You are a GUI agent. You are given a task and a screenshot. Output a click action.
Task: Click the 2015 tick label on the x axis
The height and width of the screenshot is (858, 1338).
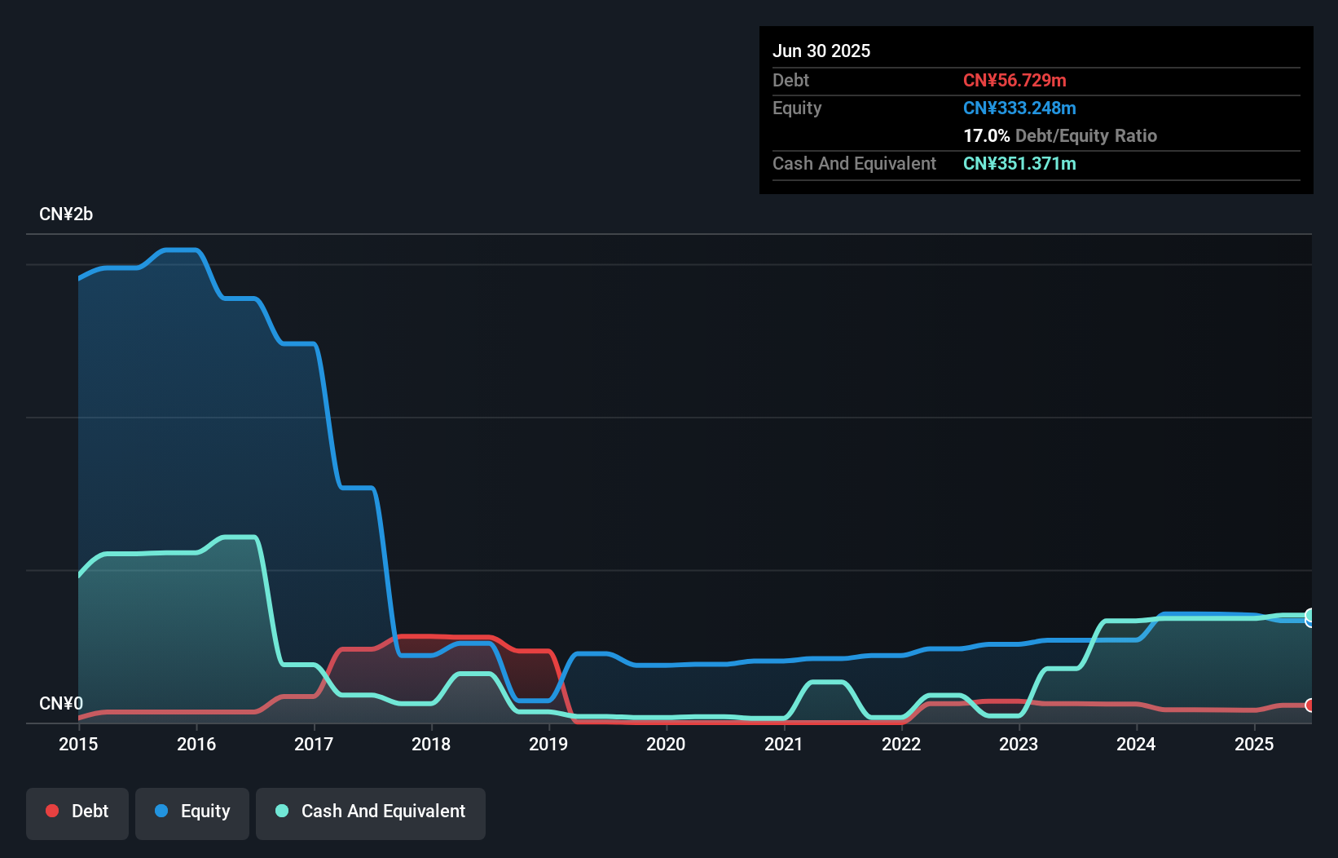click(78, 744)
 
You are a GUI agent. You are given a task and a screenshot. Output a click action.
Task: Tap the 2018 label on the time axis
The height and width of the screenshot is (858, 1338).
click(431, 744)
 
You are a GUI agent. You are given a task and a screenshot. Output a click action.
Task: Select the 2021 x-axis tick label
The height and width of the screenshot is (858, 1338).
click(783, 744)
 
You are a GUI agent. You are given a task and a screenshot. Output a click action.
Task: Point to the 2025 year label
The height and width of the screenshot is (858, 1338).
click(1254, 744)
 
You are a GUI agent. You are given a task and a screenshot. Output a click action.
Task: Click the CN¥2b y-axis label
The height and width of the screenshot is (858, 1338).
click(66, 214)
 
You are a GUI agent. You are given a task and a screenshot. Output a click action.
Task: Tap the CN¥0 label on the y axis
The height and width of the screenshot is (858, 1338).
click(61, 703)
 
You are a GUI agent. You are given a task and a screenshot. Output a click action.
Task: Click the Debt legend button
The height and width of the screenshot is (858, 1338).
click(77, 812)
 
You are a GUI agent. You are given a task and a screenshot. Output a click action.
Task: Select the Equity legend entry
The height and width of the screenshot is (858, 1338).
click(192, 812)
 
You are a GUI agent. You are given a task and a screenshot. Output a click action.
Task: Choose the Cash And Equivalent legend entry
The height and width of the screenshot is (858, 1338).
click(371, 812)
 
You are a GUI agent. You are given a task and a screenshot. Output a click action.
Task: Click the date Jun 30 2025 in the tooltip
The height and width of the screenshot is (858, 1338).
click(821, 51)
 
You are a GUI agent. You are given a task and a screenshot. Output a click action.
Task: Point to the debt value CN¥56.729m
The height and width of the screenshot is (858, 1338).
click(1015, 80)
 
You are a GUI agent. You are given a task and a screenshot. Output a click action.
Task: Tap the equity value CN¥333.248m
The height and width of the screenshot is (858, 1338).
click(1019, 108)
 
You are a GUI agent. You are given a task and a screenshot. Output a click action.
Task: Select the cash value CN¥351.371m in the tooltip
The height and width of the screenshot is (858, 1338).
click(1019, 163)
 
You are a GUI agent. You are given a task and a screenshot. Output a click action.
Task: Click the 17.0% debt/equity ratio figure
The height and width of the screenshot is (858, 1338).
click(986, 135)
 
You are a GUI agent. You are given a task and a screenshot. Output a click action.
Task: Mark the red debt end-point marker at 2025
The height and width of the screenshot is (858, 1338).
click(1309, 705)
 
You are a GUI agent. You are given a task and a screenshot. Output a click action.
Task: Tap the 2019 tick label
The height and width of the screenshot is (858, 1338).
click(548, 744)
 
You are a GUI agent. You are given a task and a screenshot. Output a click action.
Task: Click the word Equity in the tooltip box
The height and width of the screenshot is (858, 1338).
click(797, 108)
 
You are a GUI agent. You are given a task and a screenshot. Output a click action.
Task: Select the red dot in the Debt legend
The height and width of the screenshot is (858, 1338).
click(52, 811)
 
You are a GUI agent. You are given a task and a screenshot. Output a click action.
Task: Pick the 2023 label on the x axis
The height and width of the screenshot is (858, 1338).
click(1019, 744)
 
